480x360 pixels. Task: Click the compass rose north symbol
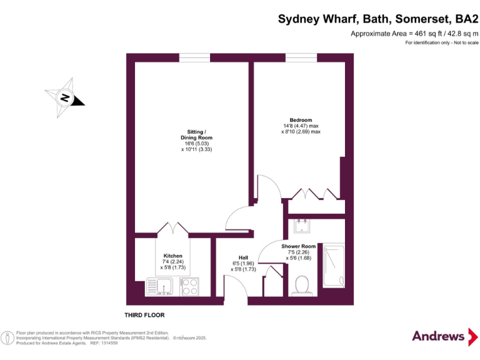click(x=64, y=97)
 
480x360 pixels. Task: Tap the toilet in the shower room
click(x=303, y=285)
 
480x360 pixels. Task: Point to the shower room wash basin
click(x=302, y=222)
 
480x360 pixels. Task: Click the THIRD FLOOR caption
click(x=144, y=315)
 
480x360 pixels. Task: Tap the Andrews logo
click(x=439, y=336)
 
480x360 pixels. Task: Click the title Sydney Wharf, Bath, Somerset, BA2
click(x=378, y=19)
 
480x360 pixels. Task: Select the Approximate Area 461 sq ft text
click(x=414, y=33)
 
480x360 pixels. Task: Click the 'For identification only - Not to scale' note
click(x=441, y=42)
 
